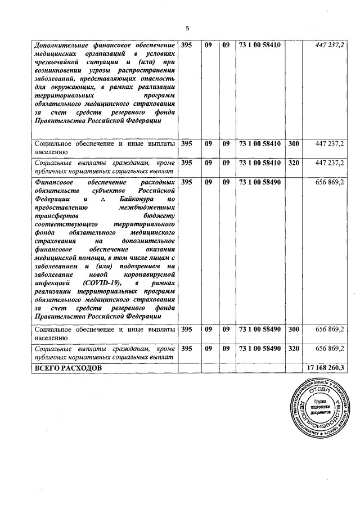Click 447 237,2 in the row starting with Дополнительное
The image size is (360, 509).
pos(330,45)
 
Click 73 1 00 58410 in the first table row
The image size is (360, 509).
pos(259,45)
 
